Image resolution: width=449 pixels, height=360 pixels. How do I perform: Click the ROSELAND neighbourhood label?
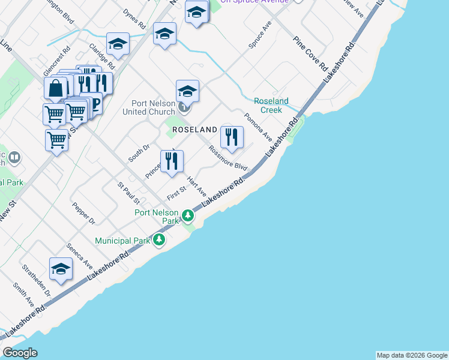click(x=194, y=130)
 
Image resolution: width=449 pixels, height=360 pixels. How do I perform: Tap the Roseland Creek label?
click(x=271, y=106)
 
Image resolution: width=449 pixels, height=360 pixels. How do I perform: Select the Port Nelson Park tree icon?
click(x=188, y=215)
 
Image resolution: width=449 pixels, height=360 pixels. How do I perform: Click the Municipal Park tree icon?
click(x=159, y=241)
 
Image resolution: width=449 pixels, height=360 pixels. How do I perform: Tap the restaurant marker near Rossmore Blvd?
click(x=232, y=138)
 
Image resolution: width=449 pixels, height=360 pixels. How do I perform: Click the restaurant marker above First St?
click(x=172, y=161)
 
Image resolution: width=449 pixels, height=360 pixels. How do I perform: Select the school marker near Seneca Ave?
click(x=61, y=269)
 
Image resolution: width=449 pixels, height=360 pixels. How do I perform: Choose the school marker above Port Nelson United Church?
click(x=187, y=92)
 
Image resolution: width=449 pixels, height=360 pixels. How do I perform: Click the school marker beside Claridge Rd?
click(x=118, y=44)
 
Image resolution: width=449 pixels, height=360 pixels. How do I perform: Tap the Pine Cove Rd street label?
click(x=310, y=52)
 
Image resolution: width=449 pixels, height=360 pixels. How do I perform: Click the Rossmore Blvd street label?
click(x=228, y=158)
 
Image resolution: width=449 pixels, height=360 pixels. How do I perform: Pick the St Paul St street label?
click(x=128, y=193)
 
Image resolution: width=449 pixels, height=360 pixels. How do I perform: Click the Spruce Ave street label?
click(x=260, y=35)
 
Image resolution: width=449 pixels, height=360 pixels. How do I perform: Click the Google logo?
click(x=20, y=353)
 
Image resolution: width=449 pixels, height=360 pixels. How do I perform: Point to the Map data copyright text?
click(x=412, y=355)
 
